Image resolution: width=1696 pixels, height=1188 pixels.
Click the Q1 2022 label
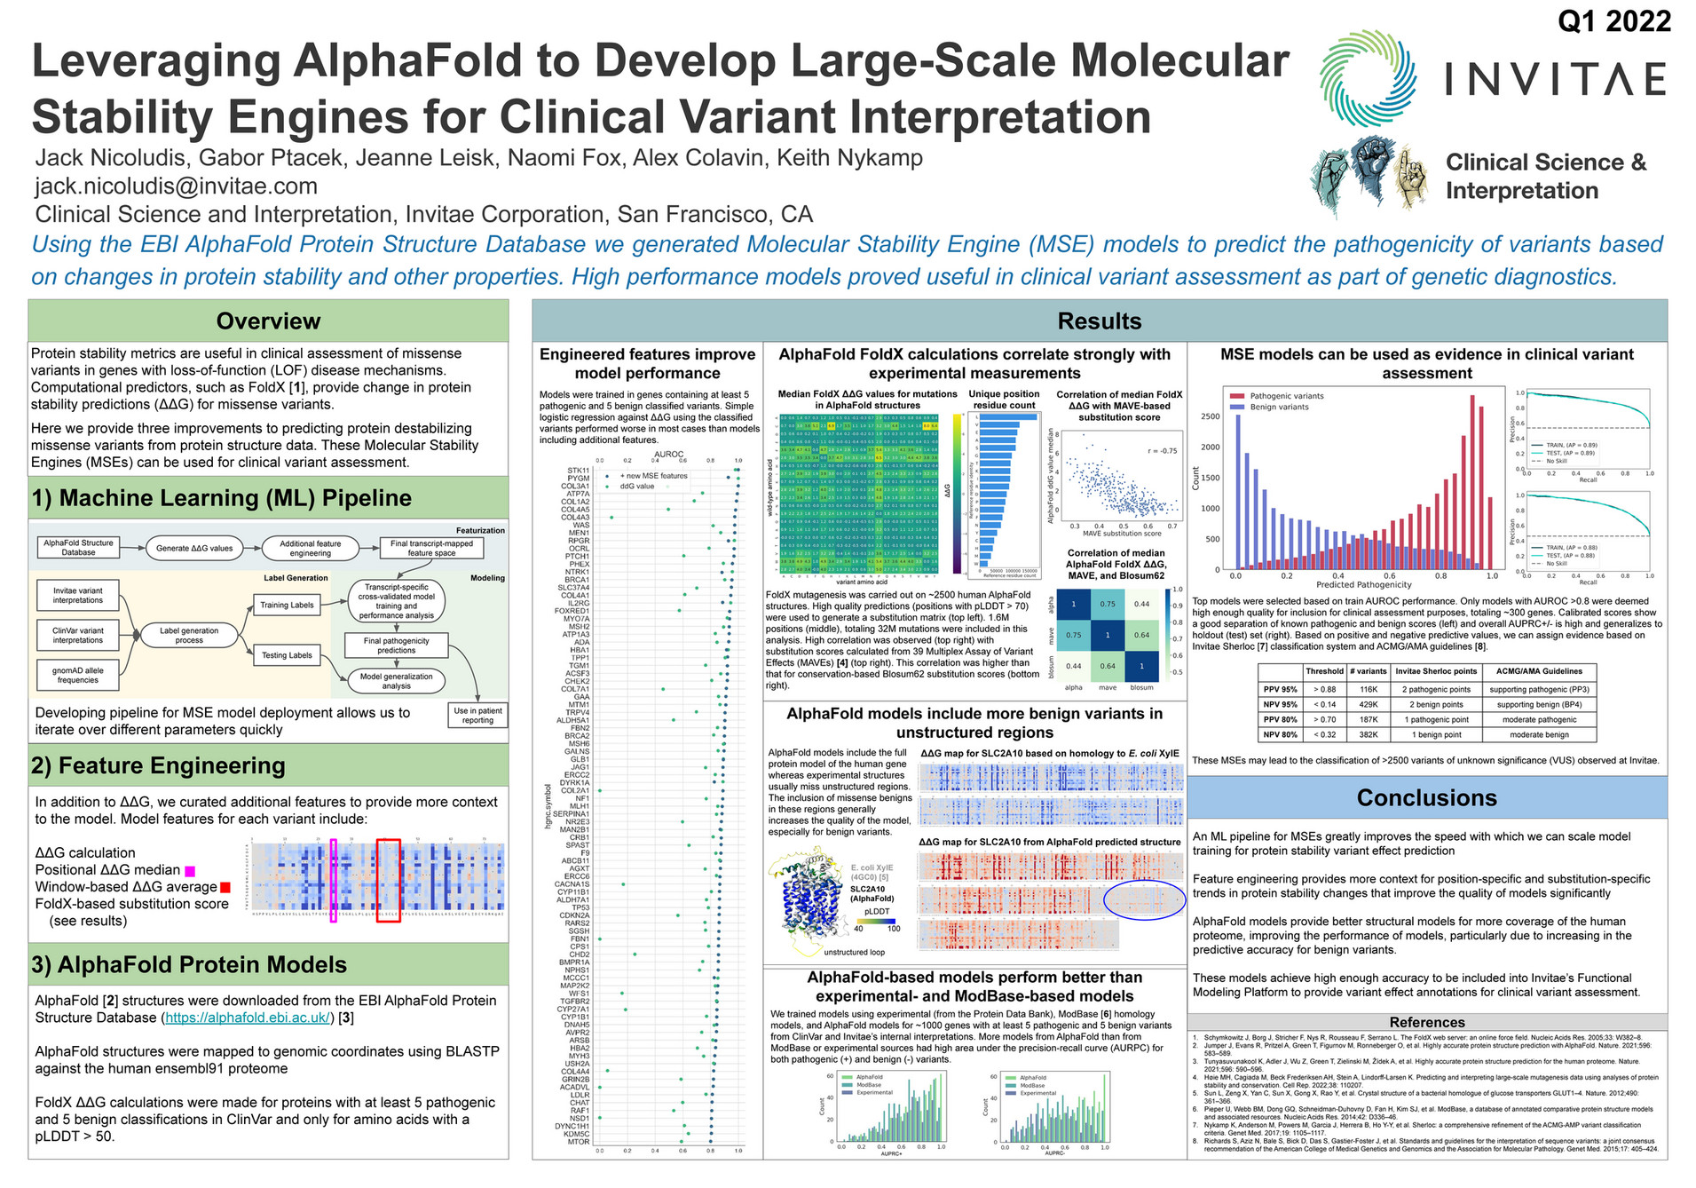tap(1613, 21)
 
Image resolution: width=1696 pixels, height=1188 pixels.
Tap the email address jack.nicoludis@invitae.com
tap(176, 186)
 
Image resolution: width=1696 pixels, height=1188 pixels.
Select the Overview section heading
tap(268, 321)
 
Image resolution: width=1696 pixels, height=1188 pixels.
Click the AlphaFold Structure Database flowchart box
tap(78, 548)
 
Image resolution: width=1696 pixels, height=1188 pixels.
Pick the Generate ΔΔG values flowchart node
tap(194, 548)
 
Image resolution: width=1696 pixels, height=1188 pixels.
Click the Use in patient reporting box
tap(477, 716)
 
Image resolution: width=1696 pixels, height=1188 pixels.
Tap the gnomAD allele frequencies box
tap(78, 676)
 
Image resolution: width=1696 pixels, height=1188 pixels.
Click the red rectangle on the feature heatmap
tap(388, 880)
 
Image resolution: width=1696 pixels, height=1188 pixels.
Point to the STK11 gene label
tap(578, 471)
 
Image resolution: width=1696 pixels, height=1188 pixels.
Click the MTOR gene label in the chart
tap(579, 1142)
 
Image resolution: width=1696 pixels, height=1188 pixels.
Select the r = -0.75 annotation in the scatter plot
tap(1162, 451)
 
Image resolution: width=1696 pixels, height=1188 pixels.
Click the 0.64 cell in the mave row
tap(1141, 635)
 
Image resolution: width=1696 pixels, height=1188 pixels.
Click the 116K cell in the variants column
tap(1369, 689)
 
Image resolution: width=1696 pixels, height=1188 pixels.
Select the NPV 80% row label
tap(1280, 734)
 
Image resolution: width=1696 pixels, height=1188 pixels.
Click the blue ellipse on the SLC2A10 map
tap(1144, 899)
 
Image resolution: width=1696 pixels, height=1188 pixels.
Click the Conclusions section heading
tap(1426, 798)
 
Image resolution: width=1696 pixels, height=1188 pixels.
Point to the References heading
tap(1426, 1022)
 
